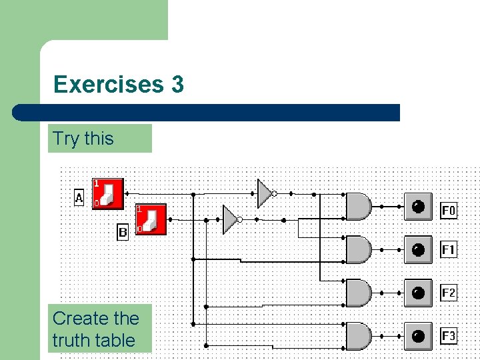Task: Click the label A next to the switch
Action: (79, 198)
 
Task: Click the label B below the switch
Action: (123, 233)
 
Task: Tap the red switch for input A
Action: (107, 193)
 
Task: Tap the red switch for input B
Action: (151, 219)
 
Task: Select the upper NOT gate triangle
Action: (265, 193)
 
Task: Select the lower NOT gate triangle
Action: (230, 219)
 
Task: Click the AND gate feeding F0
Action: (359, 207)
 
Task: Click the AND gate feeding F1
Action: (359, 249)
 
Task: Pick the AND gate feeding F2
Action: (359, 293)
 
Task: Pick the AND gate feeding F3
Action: (359, 336)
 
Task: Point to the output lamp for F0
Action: (418, 207)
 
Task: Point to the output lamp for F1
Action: (418, 249)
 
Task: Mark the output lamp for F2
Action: (418, 293)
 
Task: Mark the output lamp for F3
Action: (418, 336)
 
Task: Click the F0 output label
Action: (449, 211)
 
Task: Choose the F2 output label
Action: (449, 293)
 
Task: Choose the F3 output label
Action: (449, 335)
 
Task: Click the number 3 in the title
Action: (177, 85)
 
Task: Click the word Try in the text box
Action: (66, 139)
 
